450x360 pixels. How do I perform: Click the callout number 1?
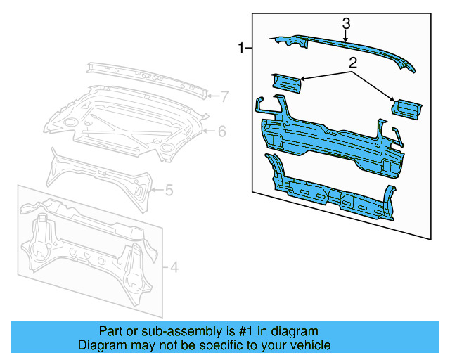tap(241, 49)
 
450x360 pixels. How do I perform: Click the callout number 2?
tap(353, 63)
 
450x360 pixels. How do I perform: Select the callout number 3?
tap(346, 24)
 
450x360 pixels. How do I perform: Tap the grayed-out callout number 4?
tap(175, 266)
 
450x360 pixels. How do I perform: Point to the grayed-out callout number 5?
tap(169, 189)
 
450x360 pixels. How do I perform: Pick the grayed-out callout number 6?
tap(221, 131)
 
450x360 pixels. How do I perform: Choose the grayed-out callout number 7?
tap(224, 96)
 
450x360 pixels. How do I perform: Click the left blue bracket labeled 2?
tap(286, 83)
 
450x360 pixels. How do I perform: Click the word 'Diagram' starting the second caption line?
tap(99, 345)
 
